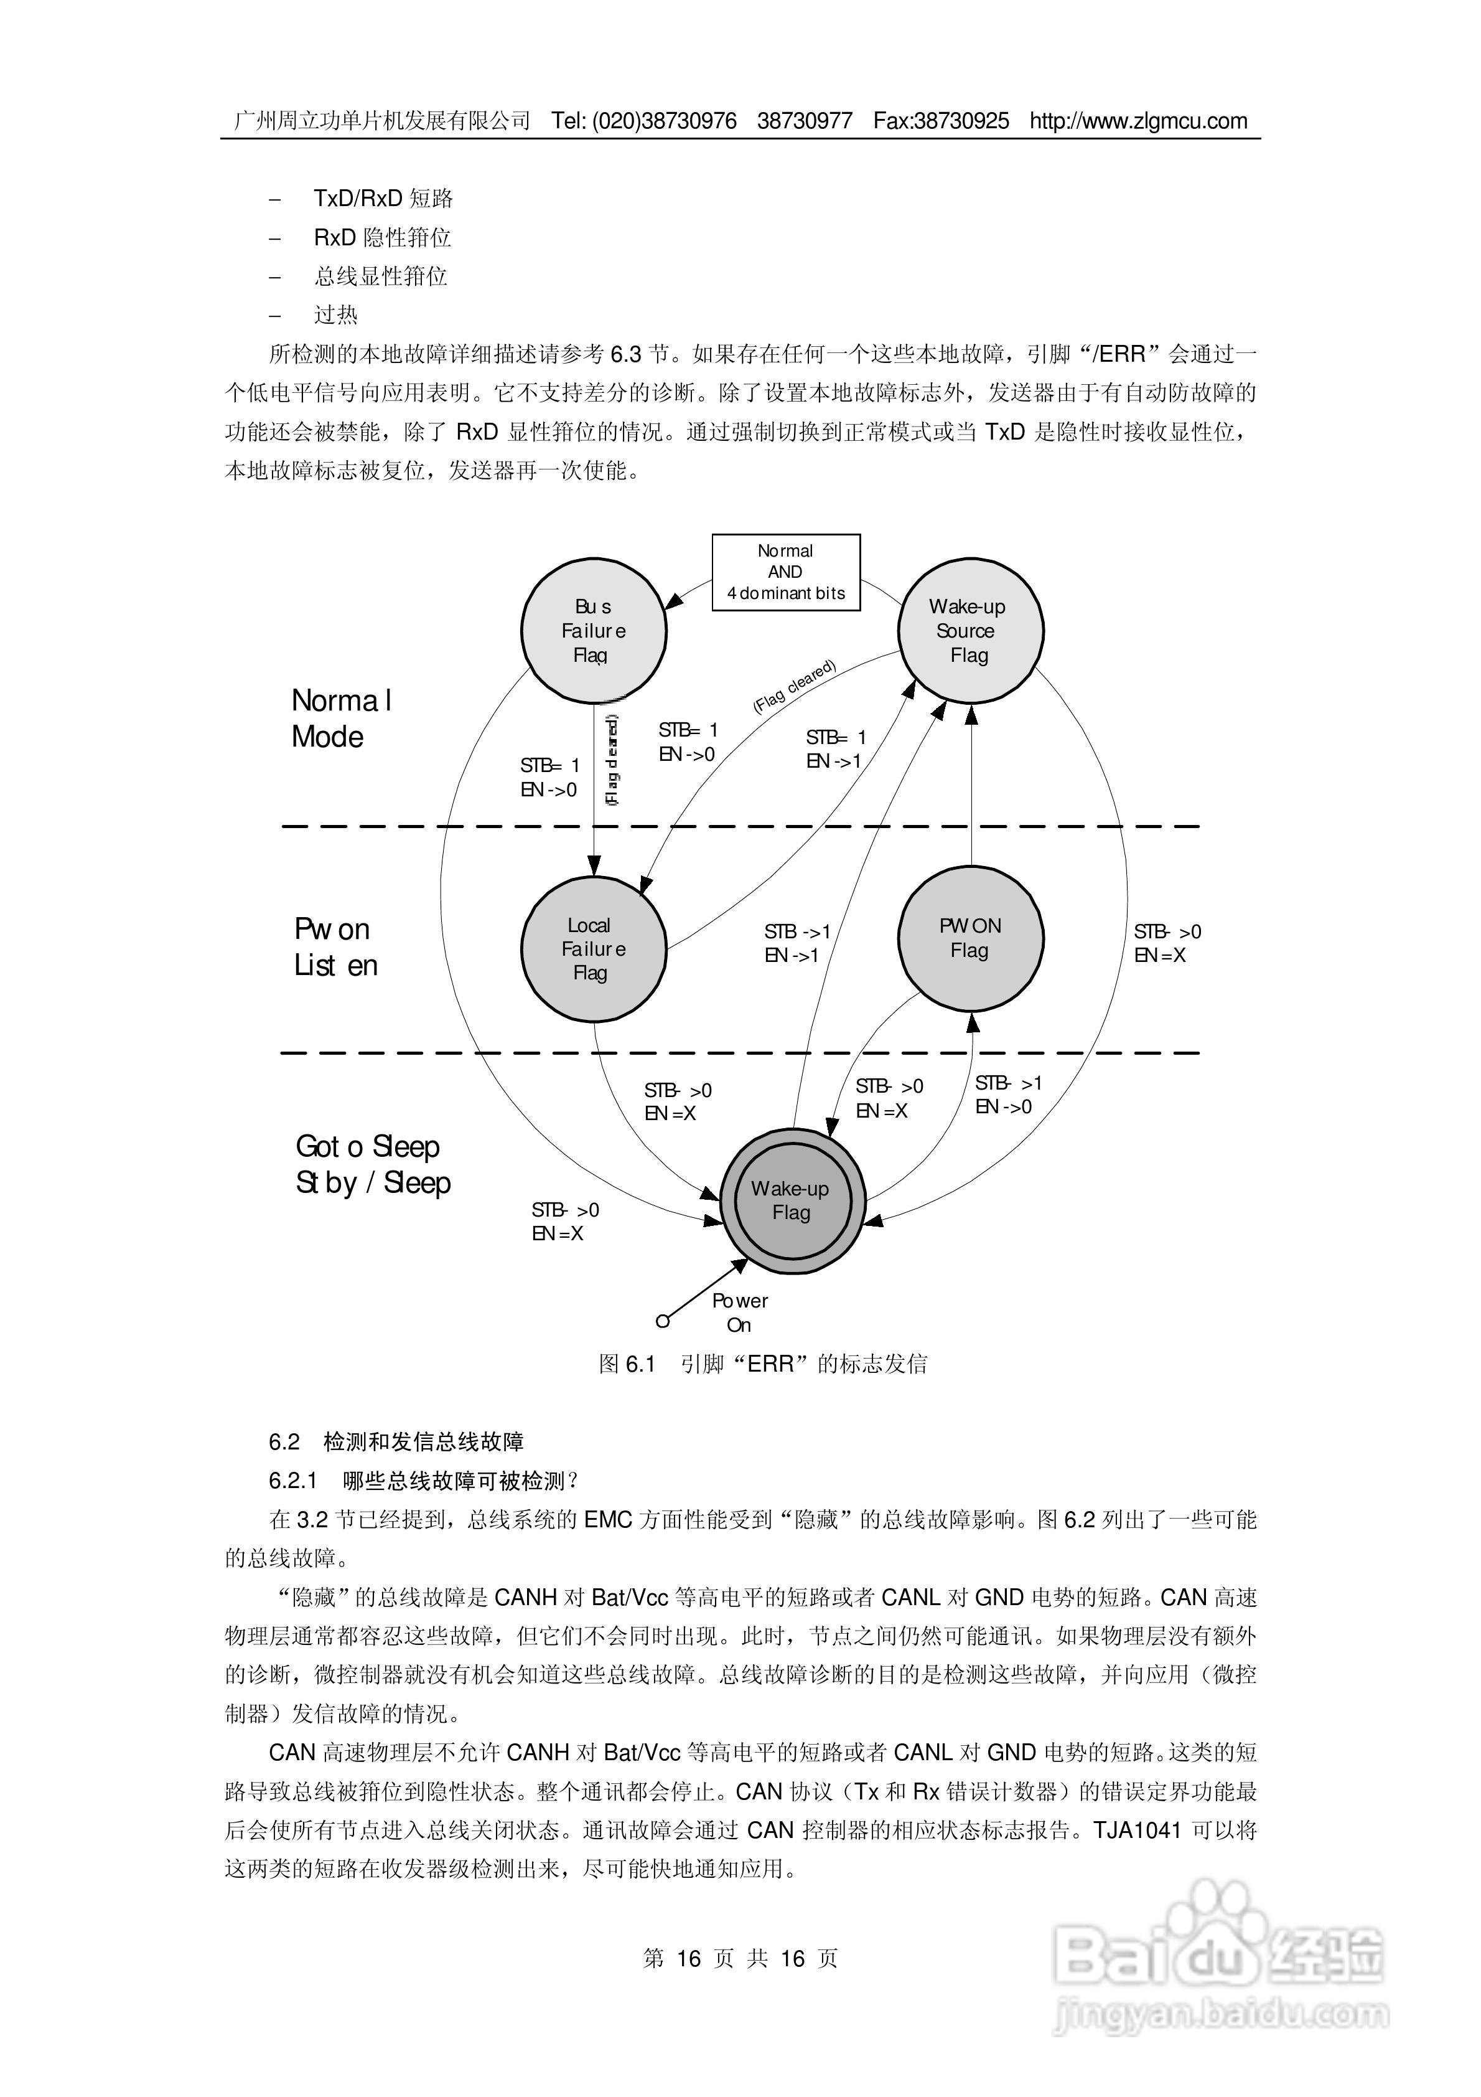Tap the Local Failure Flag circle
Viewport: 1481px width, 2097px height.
point(594,949)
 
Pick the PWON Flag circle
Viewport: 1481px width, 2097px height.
point(971,939)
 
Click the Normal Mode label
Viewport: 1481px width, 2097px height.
point(340,719)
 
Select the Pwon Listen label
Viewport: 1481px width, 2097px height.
point(335,947)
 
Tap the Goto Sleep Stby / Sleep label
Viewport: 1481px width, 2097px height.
point(373,1164)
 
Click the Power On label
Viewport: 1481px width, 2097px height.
point(740,1312)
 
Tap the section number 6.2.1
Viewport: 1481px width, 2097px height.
point(292,1481)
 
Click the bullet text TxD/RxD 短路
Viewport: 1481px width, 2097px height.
point(383,198)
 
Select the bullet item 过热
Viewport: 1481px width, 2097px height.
point(336,315)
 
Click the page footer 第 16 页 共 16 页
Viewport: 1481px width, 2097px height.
point(740,1958)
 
